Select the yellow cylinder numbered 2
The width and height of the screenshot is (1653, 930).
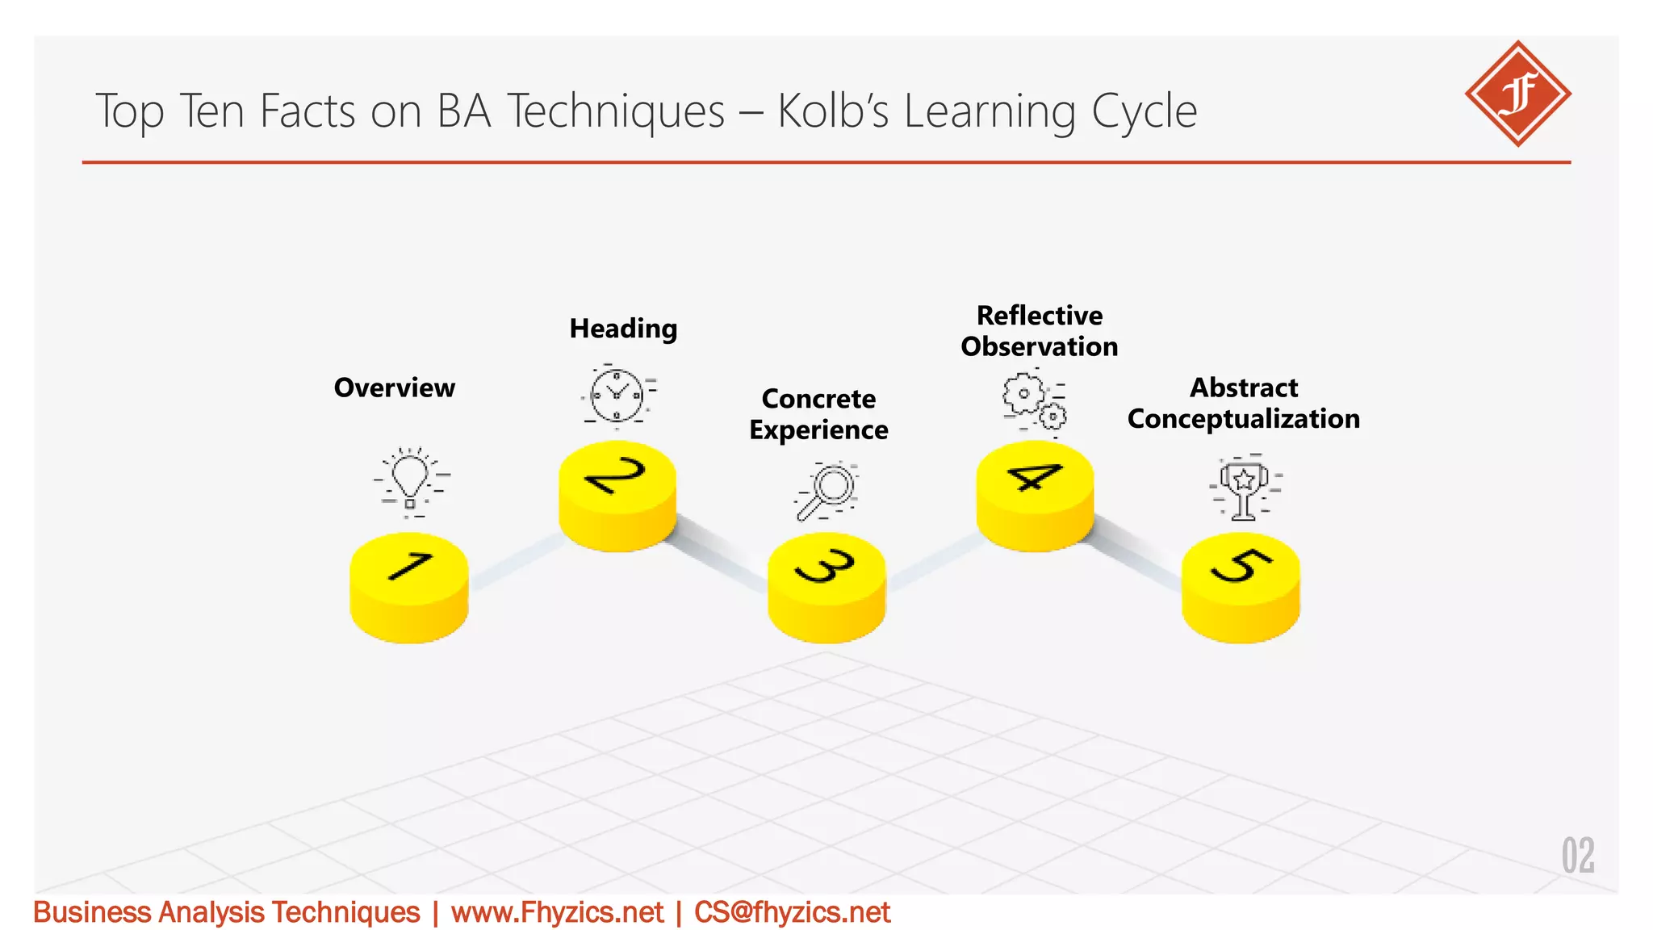(617, 496)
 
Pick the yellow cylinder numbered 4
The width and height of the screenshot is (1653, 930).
(1035, 496)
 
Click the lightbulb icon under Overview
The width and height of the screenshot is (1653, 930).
(411, 481)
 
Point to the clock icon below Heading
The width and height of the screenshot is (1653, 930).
(617, 396)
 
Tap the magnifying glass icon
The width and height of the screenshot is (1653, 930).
(826, 491)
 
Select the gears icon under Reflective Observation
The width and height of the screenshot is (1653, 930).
(1034, 401)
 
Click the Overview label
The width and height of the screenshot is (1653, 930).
(395, 388)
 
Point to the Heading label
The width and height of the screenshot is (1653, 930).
(623, 329)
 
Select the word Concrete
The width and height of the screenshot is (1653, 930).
(818, 399)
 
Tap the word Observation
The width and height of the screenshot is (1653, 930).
(1040, 347)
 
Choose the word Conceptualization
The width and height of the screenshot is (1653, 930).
(1243, 419)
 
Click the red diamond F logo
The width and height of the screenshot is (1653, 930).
(1517, 94)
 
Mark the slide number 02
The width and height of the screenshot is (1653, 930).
(1578, 856)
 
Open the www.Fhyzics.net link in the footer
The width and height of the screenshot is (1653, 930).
(557, 912)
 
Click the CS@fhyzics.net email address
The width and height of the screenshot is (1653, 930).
(792, 912)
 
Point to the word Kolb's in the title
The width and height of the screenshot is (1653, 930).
(832, 111)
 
